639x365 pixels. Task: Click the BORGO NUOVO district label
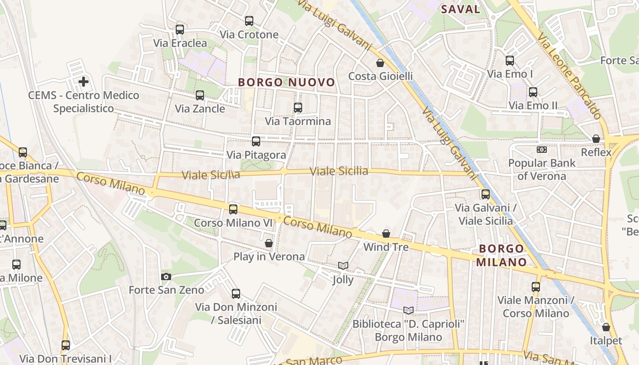point(287,83)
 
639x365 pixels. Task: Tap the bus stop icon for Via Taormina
point(298,108)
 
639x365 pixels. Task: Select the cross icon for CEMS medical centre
point(84,82)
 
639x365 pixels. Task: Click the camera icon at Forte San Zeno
point(166,276)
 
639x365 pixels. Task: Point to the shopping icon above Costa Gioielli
point(380,63)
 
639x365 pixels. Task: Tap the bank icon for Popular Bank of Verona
point(542,150)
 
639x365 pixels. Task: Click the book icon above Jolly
point(343,266)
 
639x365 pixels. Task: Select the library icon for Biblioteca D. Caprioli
point(409,310)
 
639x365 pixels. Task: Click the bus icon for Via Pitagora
point(256,141)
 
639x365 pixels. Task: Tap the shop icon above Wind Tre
point(386,234)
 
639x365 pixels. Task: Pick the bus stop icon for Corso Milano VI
point(233,209)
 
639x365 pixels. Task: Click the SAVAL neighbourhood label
point(461,9)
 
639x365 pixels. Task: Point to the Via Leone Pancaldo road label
point(569,76)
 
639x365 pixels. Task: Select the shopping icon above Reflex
point(596,139)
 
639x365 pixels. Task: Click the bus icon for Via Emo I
point(510,60)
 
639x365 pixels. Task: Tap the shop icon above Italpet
point(606,327)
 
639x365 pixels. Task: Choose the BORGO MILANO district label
point(502,255)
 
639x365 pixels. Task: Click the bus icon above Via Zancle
point(200,95)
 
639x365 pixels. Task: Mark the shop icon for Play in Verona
point(269,243)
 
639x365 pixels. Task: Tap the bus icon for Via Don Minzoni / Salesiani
point(236,294)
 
